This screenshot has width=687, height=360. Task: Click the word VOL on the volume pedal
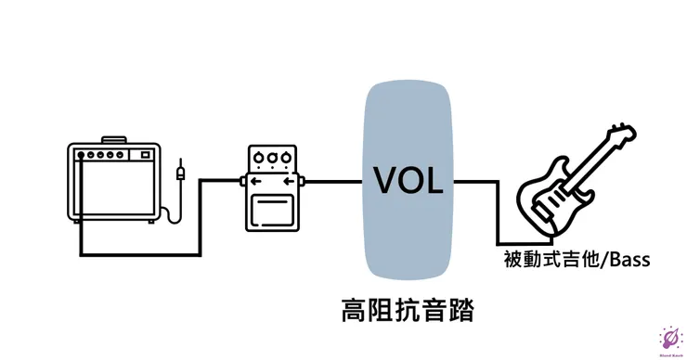408,179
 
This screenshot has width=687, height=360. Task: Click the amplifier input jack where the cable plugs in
82,155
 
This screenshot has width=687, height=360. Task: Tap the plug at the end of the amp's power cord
180,173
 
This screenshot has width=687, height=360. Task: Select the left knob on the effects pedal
258,158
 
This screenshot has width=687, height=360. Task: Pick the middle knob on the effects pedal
271,158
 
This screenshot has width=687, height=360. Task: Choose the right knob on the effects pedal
285,158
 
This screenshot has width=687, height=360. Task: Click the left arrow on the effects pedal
250,180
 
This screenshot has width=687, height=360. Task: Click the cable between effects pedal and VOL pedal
334,180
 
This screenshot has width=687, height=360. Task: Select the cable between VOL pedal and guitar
478,180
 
